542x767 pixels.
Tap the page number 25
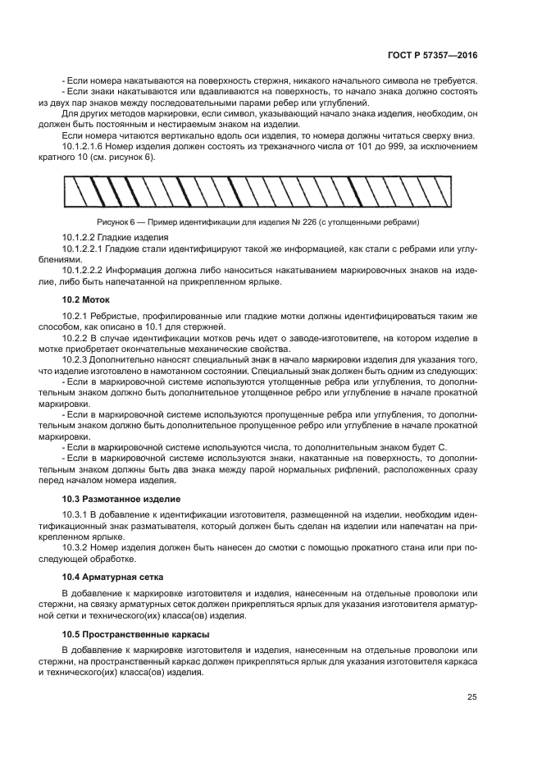coord(471,697)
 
